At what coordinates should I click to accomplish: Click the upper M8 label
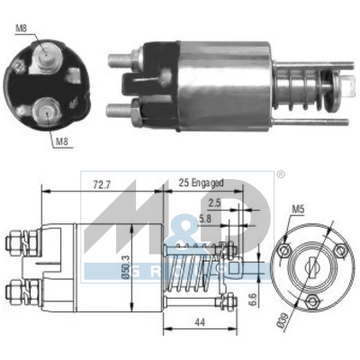[x=22, y=27]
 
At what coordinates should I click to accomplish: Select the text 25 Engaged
[x=199, y=183]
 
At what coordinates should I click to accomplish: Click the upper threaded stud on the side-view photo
[x=118, y=61]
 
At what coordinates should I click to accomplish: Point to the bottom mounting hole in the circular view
[x=311, y=301]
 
